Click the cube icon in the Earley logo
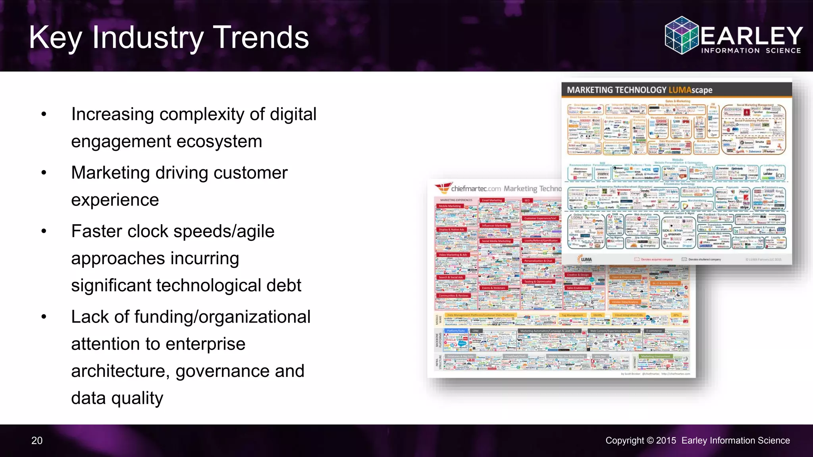point(682,35)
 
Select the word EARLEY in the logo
point(752,36)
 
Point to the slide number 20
point(37,441)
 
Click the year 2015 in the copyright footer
point(666,441)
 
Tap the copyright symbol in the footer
point(650,441)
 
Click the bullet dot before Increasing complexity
point(44,115)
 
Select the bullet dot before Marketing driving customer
point(44,173)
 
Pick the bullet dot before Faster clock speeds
point(44,231)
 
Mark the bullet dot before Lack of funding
point(44,317)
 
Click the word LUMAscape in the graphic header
point(690,90)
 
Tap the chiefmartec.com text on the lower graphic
point(476,189)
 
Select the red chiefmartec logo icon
point(443,188)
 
